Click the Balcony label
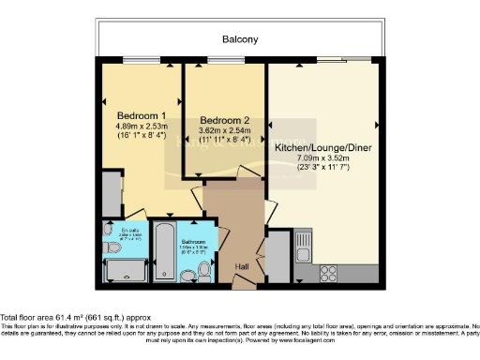239,39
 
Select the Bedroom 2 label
225,121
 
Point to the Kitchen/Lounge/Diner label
322,147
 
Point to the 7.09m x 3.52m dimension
322,159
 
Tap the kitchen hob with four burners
329,273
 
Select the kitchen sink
303,247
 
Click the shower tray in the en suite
124,271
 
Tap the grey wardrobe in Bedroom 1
111,192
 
